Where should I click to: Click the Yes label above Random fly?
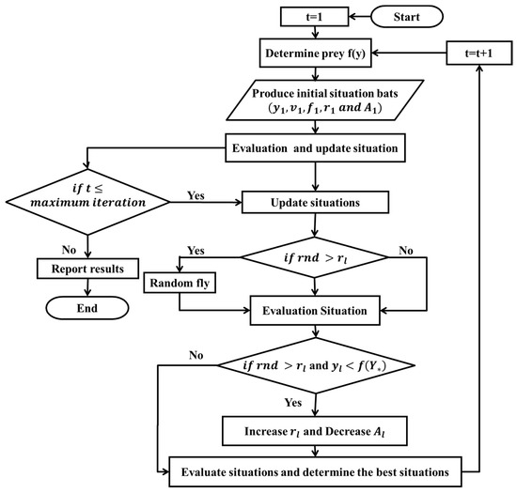196,252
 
